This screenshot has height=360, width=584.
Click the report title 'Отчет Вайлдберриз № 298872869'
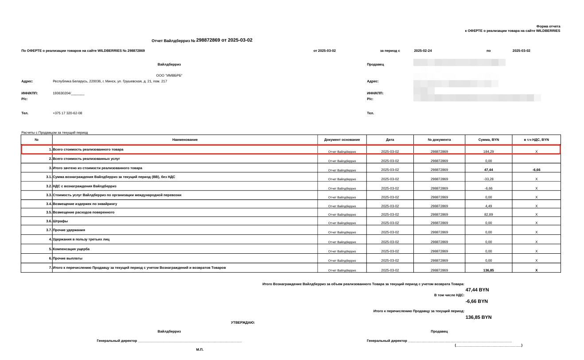coord(202,40)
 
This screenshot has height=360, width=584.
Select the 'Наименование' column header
coord(185,140)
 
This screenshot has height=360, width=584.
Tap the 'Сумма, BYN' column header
coord(488,140)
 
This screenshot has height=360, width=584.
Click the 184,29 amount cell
coord(488,151)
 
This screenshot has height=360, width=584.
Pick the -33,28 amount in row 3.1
coord(488,179)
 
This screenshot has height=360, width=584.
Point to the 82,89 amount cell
coord(488,214)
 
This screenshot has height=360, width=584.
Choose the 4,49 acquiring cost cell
coord(488,206)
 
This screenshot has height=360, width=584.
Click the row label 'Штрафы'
coord(60,221)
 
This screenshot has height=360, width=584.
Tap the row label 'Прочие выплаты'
coord(67,258)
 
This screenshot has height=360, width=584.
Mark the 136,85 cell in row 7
coord(488,270)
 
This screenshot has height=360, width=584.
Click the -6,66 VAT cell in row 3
coord(536,170)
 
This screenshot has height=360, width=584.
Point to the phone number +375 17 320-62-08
coord(67,113)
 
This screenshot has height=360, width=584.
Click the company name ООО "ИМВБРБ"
coord(169,75)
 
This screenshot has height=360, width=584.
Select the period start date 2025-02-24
coord(423,50)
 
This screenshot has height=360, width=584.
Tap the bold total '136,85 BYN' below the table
coord(478,317)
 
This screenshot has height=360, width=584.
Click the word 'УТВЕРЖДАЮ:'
coord(243,322)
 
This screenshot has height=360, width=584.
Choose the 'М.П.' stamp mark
coord(200,350)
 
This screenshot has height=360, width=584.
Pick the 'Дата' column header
coord(390,140)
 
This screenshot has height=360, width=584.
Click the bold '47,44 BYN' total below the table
coord(477,290)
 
